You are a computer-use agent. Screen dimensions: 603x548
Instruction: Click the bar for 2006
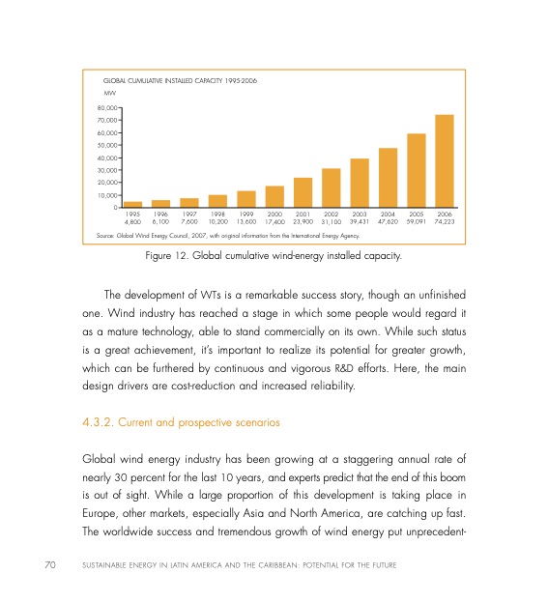point(445,160)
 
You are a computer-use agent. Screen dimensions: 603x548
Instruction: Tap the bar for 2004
point(389,177)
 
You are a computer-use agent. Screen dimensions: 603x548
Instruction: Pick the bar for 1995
point(133,204)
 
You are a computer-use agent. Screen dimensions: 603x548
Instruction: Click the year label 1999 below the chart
point(246,214)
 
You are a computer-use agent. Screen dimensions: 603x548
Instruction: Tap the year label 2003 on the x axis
point(360,214)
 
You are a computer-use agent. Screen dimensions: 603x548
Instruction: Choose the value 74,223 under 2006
point(445,221)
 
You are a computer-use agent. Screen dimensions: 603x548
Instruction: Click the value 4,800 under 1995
point(133,221)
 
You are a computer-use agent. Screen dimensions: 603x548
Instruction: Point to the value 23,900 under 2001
point(303,221)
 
